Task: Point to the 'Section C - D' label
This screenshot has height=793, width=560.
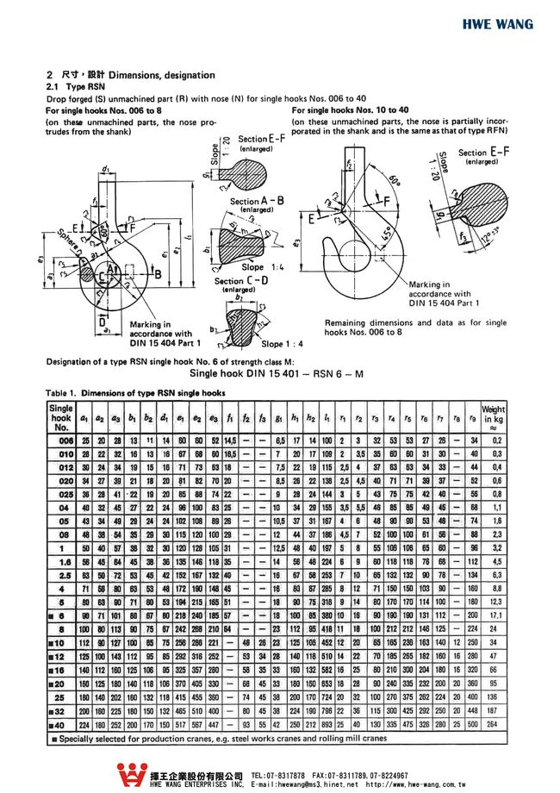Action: pos(240,281)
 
